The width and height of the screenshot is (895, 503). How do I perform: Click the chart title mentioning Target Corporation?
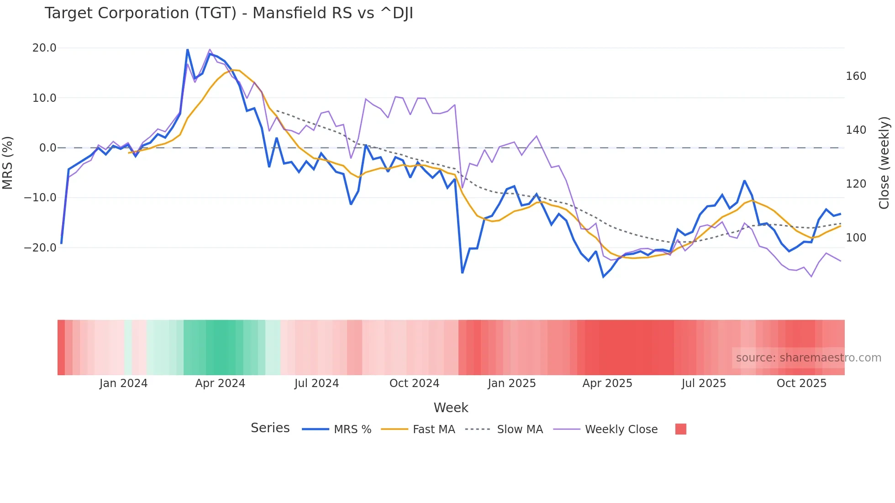[x=229, y=13]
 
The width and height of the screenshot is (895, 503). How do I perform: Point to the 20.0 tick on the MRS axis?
[x=44, y=48]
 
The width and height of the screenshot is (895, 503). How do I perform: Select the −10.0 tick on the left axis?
[x=40, y=198]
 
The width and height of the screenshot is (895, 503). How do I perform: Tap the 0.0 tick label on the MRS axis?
[x=47, y=148]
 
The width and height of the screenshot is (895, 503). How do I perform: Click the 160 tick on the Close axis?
[x=856, y=76]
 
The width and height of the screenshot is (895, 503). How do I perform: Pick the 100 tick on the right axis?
[x=856, y=238]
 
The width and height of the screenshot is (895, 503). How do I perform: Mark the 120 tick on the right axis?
[x=856, y=184]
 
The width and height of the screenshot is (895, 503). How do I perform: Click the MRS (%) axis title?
[x=8, y=162]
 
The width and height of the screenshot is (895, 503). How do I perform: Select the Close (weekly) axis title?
[x=884, y=163]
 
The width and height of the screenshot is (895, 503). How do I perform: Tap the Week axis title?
[x=451, y=408]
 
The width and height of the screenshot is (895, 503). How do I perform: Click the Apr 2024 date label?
[x=220, y=383]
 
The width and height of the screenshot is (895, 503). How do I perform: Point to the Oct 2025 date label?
[x=801, y=383]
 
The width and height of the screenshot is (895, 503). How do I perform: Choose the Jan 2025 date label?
[x=511, y=383]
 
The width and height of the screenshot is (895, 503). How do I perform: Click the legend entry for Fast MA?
[x=434, y=430]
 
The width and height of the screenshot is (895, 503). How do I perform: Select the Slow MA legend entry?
[x=520, y=430]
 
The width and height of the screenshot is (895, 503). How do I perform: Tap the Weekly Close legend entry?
[x=621, y=430]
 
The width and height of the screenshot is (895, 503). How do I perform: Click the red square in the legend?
[x=680, y=429]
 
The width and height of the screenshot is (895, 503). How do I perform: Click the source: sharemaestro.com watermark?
[x=808, y=358]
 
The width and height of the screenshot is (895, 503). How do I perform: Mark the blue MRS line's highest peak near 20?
[x=188, y=49]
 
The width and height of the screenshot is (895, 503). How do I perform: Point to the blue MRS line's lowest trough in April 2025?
[x=603, y=277]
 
